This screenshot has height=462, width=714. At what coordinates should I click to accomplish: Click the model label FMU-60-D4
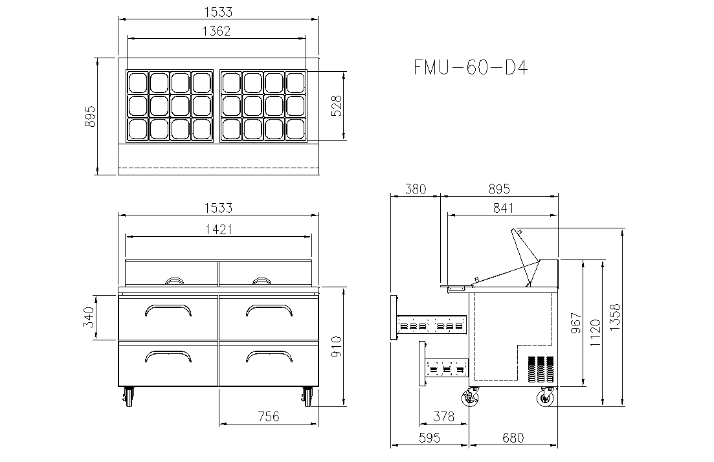pyautogui.click(x=471, y=68)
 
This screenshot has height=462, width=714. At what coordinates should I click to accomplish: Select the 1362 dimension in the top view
pyautogui.click(x=216, y=31)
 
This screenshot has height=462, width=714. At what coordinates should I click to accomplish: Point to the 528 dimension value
pyautogui.click(x=336, y=106)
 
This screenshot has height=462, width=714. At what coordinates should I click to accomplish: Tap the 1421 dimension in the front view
pyautogui.click(x=219, y=229)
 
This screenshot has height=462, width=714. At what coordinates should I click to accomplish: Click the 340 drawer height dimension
pyautogui.click(x=88, y=317)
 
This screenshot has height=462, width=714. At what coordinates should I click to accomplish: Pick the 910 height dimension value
pyautogui.click(x=336, y=346)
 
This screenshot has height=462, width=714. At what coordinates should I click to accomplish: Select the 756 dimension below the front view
pyautogui.click(x=268, y=416)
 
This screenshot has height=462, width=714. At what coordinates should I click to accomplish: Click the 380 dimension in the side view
pyautogui.click(x=416, y=188)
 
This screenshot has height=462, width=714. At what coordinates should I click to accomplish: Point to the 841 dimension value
pyautogui.click(x=503, y=208)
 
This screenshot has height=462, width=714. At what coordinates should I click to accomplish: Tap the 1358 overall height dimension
pyautogui.click(x=614, y=317)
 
